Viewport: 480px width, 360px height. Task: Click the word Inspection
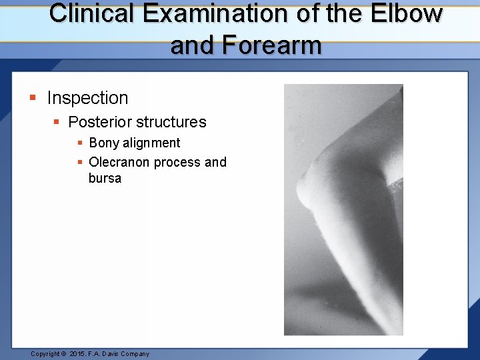87,98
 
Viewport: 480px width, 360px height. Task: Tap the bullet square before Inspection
33,99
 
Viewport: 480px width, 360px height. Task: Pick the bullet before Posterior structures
57,123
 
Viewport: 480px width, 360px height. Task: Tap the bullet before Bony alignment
79,143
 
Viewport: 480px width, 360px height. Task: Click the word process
177,163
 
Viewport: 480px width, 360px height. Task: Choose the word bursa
105,179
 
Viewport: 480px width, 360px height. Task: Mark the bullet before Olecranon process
79,163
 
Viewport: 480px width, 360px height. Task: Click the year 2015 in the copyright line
78,354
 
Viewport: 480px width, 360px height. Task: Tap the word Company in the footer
135,354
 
